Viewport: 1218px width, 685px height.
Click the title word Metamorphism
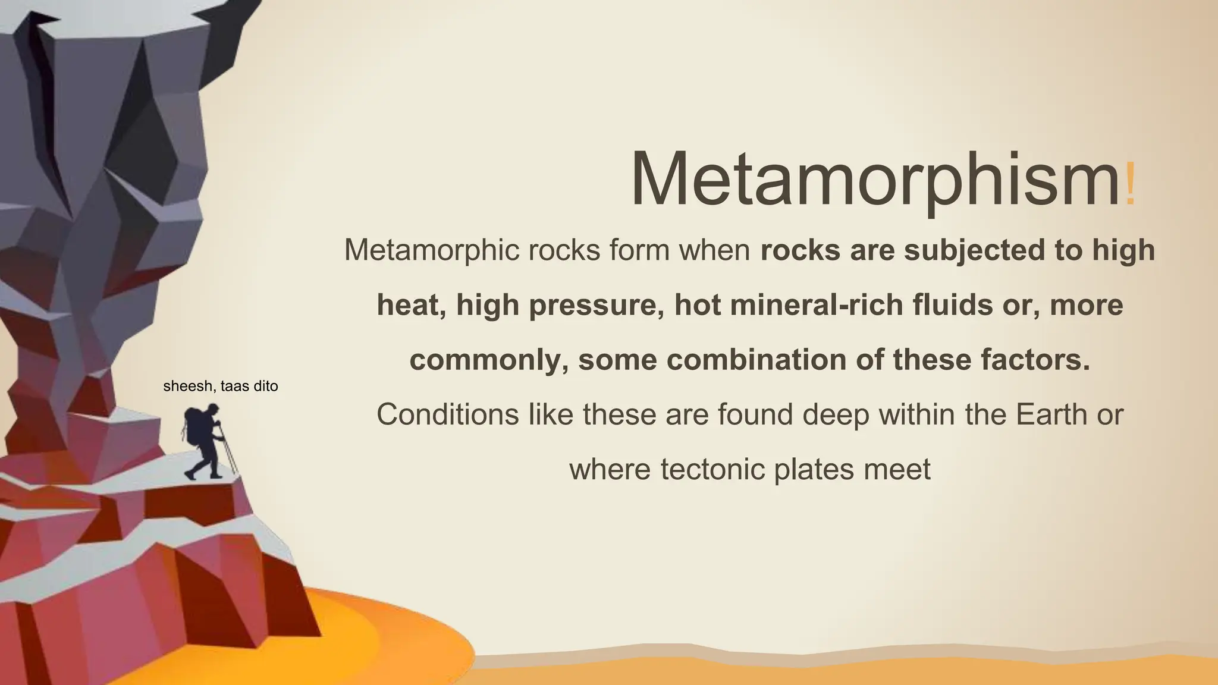point(874,178)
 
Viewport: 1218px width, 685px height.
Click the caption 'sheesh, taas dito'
point(220,387)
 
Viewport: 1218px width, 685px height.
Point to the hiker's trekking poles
point(228,452)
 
